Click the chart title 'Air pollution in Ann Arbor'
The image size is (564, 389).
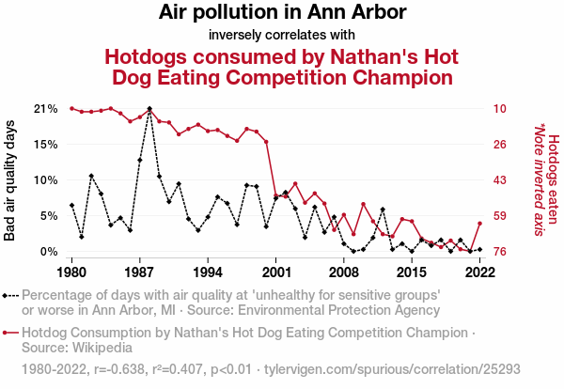point(282,13)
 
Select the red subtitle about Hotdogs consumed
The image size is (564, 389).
point(282,66)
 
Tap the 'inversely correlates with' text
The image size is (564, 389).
point(282,36)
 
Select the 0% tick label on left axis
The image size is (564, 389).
point(49,252)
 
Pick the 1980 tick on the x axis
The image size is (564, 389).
point(71,272)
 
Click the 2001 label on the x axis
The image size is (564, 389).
point(275,272)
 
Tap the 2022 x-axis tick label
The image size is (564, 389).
point(479,272)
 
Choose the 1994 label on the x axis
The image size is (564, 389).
point(208,272)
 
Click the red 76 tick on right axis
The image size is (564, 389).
point(500,252)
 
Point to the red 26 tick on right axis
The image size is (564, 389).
point(500,144)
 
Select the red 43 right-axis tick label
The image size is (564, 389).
point(500,180)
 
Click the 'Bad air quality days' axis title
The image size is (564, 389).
point(10,180)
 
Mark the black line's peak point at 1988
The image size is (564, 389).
point(149,109)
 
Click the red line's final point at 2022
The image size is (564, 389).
point(479,224)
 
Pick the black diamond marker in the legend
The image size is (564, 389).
point(9,294)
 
